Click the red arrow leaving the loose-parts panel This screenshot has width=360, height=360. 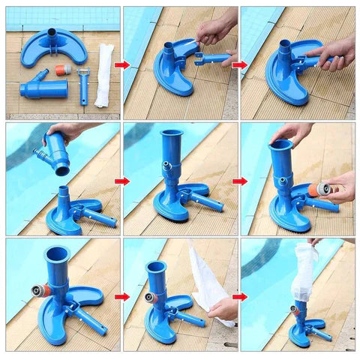click(x=121, y=65)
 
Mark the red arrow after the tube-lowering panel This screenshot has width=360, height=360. click(x=121, y=181)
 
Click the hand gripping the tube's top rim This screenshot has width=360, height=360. click(x=292, y=133)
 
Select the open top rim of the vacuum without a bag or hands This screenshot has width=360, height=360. click(x=57, y=253)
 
